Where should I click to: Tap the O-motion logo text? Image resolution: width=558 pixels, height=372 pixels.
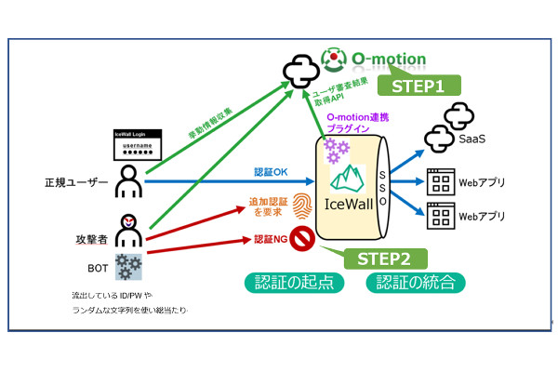click(x=389, y=60)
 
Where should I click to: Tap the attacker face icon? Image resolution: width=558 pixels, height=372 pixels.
click(x=127, y=227)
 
